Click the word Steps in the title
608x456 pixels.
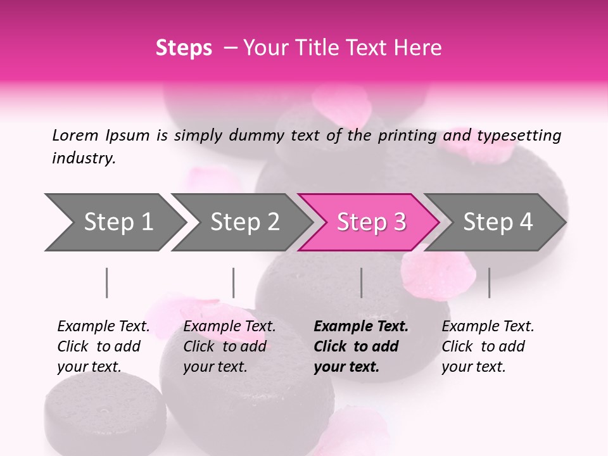184,48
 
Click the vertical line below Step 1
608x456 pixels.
107,282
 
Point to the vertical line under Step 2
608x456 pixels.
234,282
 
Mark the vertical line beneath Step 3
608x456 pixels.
362,282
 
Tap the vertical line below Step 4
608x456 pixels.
490,282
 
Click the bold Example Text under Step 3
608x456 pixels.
361,327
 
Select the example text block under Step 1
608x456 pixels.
103,346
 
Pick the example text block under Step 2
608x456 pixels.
229,346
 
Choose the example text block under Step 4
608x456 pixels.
488,346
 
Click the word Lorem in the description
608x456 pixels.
75,136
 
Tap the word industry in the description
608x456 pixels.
83,158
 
